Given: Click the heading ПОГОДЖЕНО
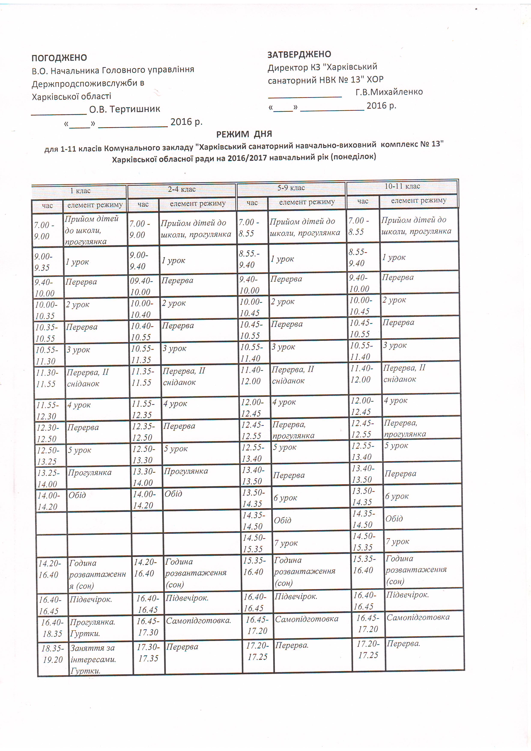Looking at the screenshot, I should (x=59, y=58).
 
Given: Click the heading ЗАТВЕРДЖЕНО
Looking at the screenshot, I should (x=299, y=54).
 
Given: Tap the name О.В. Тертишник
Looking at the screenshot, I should (x=125, y=109).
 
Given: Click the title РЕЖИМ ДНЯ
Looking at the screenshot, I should (x=244, y=134).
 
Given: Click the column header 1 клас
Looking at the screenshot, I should (x=80, y=191).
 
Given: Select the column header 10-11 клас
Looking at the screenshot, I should (x=402, y=186).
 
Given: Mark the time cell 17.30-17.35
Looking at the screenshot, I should (x=148, y=653).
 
